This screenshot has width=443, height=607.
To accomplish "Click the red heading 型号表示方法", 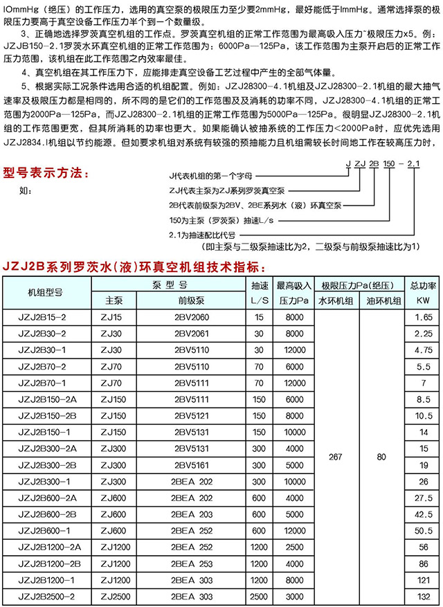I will tap(46, 172).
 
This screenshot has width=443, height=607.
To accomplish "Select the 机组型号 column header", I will tap(44, 292).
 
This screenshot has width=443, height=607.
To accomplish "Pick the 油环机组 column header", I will tap(382, 300).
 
